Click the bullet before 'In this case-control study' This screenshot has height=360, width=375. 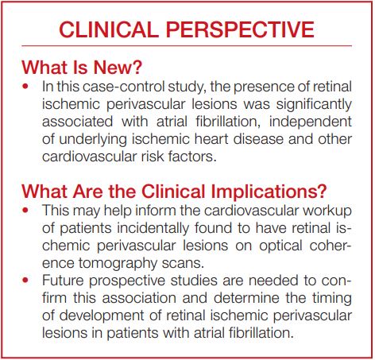point(29,85)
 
